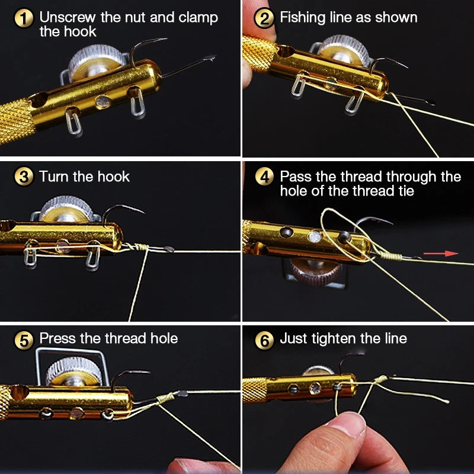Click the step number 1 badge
[x=24, y=18]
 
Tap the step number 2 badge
[x=264, y=18]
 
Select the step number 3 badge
[x=24, y=177]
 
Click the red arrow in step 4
[x=451, y=253]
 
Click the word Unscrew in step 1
[x=68, y=17]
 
